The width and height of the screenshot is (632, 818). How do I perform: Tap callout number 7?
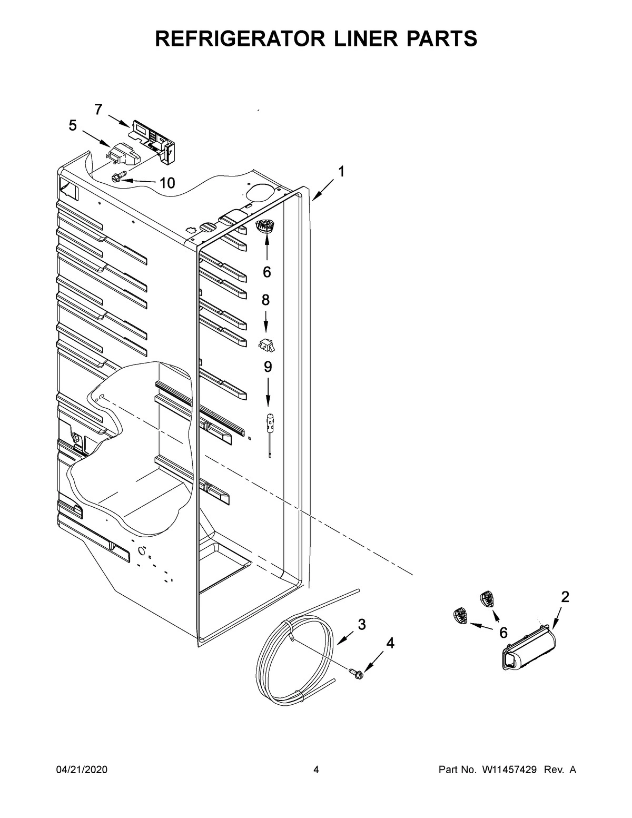(98, 109)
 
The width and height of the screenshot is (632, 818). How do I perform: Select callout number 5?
(73, 125)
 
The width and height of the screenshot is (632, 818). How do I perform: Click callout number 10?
(166, 183)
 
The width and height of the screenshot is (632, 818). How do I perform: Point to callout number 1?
(341, 172)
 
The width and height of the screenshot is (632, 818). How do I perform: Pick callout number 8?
(265, 300)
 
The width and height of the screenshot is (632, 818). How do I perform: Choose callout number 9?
(268, 367)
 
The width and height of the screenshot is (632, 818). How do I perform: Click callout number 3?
(361, 625)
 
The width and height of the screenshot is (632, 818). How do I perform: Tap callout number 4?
(390, 643)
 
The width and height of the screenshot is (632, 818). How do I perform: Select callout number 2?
(565, 597)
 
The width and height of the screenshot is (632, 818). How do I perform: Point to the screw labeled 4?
(355, 673)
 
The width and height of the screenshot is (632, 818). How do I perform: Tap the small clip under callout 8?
(267, 345)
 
